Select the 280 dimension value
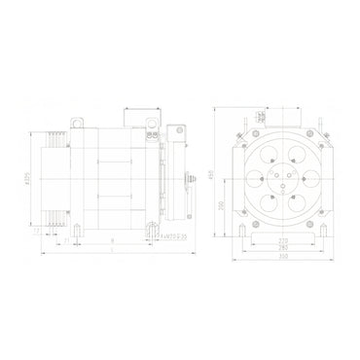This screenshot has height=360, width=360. pyautogui.click(x=283, y=249)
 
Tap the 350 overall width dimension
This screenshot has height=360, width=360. pyautogui.click(x=283, y=257)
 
